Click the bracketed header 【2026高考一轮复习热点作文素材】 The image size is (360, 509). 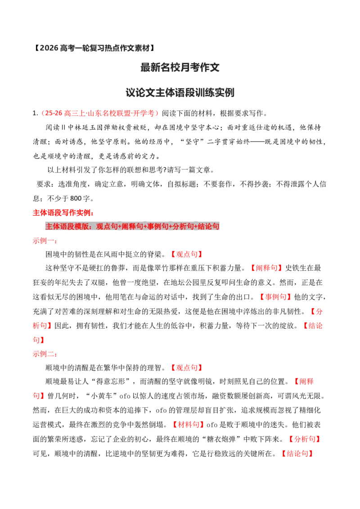(x=94, y=48)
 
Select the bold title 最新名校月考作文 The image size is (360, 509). (x=180, y=67)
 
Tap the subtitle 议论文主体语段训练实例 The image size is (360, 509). (x=180, y=93)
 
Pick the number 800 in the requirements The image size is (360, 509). (x=76, y=198)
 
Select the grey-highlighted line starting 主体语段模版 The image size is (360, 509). (x=132, y=226)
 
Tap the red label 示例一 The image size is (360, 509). (x=44, y=241)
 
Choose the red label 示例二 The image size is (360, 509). (x=44, y=354)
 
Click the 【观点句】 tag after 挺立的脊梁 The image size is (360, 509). (x=186, y=254)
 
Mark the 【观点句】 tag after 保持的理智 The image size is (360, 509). (x=186, y=368)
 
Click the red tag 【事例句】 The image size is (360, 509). (x=275, y=297)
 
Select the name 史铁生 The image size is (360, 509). (x=296, y=268)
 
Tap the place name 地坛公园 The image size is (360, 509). (x=177, y=283)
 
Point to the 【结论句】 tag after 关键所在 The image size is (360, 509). (x=297, y=454)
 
